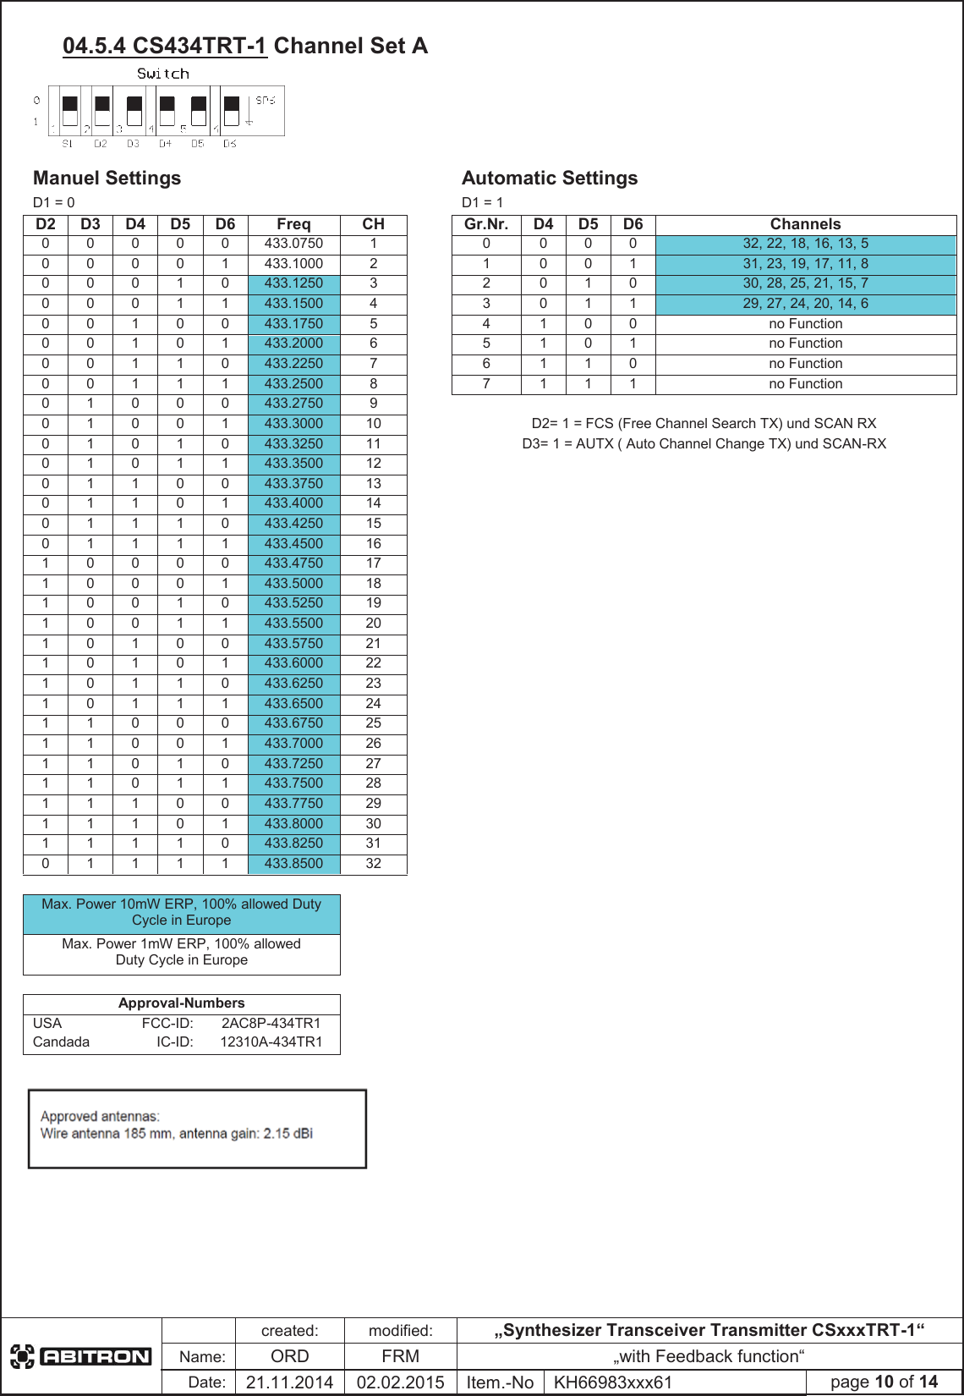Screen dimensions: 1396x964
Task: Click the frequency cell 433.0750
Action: [293, 244]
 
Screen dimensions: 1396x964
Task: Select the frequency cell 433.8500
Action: [293, 864]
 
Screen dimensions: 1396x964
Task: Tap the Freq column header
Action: [293, 224]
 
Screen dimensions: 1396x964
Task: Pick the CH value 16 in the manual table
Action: [373, 543]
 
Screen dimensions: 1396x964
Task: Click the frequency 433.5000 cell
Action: [293, 583]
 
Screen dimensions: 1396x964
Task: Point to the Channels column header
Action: [805, 224]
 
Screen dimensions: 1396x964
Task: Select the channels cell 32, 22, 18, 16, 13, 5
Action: [805, 244]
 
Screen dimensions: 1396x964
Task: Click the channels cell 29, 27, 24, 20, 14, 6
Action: [805, 304]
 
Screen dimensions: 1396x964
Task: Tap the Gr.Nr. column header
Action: [486, 224]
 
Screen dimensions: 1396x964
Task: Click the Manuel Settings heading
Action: [107, 179]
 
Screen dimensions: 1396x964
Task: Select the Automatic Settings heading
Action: [550, 179]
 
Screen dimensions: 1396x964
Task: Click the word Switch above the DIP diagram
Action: [163, 74]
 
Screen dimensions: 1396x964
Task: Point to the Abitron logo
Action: [81, 1357]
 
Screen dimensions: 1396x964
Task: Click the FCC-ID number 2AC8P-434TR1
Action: [271, 1023]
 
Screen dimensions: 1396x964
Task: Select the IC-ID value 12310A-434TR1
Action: [271, 1042]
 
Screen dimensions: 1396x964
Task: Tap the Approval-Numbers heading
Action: [181, 1003]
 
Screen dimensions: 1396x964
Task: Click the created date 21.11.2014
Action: [289, 1382]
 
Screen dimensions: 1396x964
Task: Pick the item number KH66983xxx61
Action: [612, 1382]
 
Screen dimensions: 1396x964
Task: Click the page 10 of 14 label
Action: [884, 1382]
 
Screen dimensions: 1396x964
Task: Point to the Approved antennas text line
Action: [100, 1117]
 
